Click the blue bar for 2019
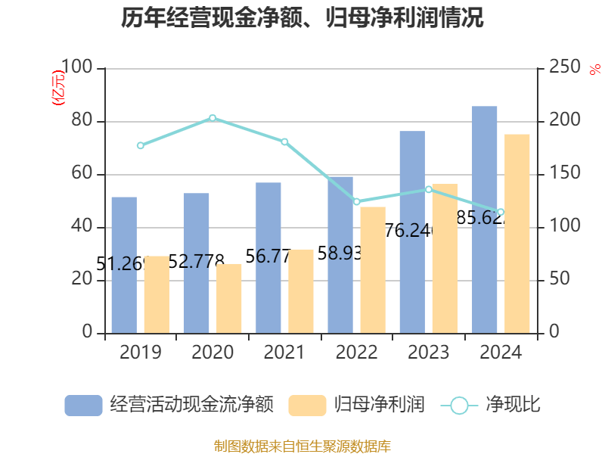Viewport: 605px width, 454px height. (124, 265)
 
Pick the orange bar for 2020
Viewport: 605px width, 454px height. (228, 298)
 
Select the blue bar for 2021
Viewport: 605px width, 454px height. (268, 257)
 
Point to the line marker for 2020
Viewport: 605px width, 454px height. (213, 118)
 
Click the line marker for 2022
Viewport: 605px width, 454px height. (357, 202)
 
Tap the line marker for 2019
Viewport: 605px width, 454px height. (141, 145)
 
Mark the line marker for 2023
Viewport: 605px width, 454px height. (429, 189)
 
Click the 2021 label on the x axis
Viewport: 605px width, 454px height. (284, 353)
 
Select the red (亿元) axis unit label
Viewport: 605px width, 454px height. (57, 87)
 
